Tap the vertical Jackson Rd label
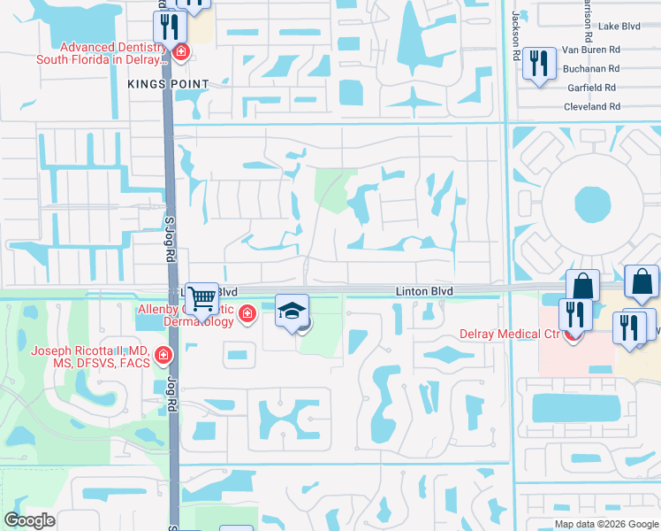click(x=515, y=35)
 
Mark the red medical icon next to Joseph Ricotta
click(x=163, y=357)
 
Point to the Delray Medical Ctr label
click(x=521, y=335)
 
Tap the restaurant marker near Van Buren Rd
click(x=537, y=63)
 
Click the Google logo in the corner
click(x=29, y=520)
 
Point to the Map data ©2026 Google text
click(x=604, y=524)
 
